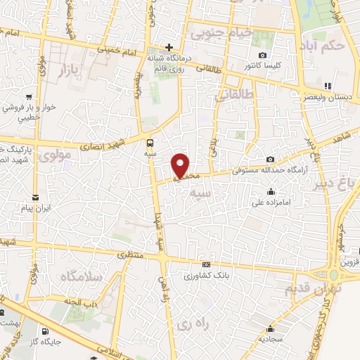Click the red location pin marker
point(181,165)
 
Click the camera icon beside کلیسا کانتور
point(262,56)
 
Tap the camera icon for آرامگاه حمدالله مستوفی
point(271,160)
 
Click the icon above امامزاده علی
point(271,192)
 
